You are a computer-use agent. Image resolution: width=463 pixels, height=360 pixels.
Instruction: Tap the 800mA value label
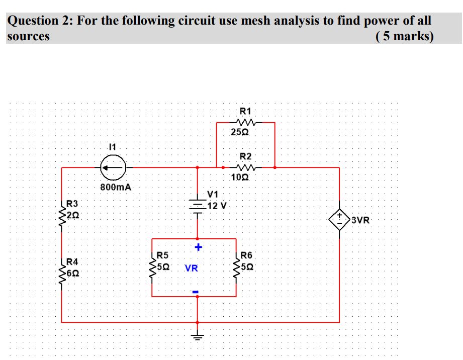coord(116,187)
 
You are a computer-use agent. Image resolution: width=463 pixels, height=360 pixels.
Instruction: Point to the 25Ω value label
coord(240,132)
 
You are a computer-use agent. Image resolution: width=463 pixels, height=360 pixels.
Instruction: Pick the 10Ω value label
coord(240,177)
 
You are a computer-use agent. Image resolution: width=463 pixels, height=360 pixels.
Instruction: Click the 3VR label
coord(360,220)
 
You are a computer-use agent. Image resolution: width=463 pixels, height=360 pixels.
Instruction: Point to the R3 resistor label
coord(72,204)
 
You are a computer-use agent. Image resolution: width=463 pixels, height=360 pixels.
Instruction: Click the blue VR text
coord(191,268)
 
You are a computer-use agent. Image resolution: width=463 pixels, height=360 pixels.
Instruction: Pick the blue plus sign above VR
coord(198,247)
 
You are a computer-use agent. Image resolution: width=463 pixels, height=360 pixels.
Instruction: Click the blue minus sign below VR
coord(197,291)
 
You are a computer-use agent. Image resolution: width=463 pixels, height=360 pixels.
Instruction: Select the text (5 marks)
coord(404,36)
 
